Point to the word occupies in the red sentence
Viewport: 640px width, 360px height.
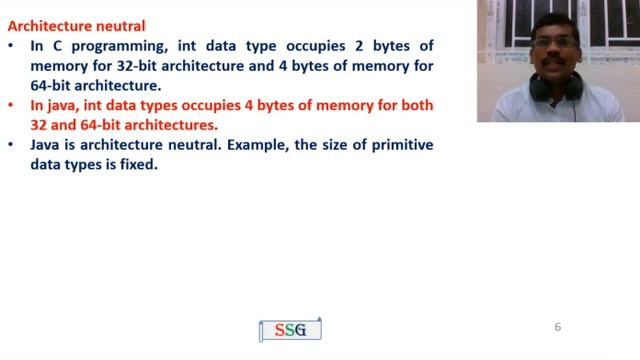click(x=228, y=106)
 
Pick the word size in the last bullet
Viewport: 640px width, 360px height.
click(x=331, y=145)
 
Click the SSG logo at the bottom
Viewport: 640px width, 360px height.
click(x=290, y=330)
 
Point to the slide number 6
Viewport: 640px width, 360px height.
click(x=558, y=327)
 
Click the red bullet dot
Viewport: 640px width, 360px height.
click(x=10, y=106)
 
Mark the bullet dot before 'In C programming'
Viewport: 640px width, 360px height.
click(x=10, y=47)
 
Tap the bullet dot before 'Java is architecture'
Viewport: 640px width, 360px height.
click(x=10, y=145)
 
